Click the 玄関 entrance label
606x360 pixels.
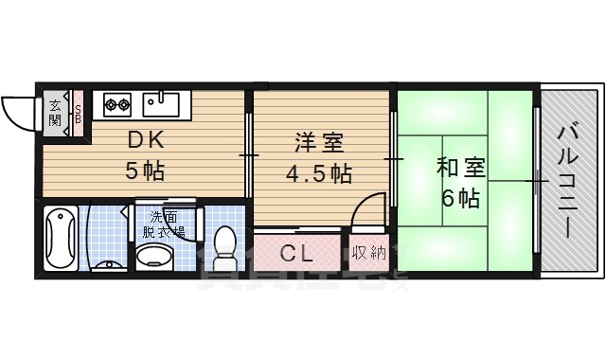(55, 112)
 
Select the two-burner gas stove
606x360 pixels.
(117, 100)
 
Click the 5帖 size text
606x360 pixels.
(147, 172)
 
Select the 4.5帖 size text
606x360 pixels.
(320, 174)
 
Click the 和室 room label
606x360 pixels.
(460, 169)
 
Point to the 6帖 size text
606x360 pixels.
(460, 199)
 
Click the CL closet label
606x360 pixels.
(299, 254)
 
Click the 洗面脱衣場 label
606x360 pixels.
(163, 225)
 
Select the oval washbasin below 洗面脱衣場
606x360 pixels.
(155, 256)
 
